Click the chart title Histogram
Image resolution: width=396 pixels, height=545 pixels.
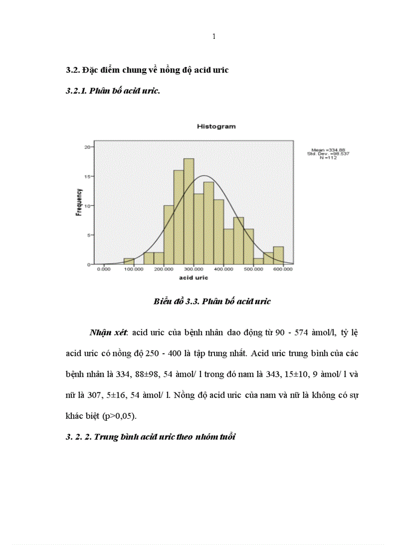(x=216, y=127)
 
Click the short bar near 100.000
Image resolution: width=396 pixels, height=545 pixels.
(x=129, y=261)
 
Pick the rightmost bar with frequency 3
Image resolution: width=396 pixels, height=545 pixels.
(x=278, y=255)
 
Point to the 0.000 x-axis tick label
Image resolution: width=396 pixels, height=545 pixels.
(x=104, y=269)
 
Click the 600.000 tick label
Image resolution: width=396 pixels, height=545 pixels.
(x=283, y=269)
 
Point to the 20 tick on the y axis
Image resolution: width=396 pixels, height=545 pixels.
(x=87, y=147)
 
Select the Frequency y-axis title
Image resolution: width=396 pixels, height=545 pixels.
(x=78, y=203)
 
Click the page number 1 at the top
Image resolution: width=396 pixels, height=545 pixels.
(x=214, y=37)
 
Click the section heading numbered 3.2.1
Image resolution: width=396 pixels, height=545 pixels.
(x=113, y=91)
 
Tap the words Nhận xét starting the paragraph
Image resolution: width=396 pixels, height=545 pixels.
(x=108, y=333)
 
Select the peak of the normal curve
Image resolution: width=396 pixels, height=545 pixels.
(x=204, y=176)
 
